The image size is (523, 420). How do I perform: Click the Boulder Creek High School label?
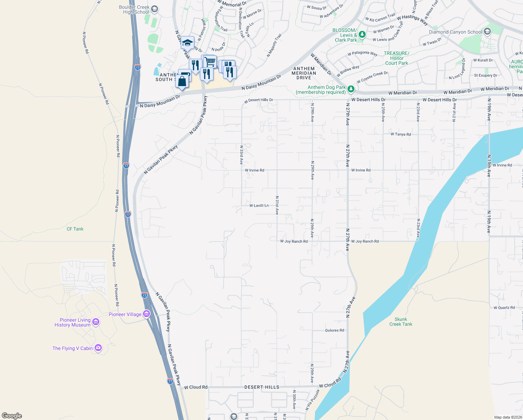click(134, 9)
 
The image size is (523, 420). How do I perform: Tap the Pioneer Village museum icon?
click(146, 314)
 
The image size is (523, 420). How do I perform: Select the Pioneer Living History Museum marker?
click(96, 322)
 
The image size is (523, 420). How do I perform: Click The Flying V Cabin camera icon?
click(98, 348)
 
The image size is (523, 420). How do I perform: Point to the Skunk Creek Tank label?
click(401, 322)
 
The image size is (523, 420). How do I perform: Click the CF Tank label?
click(75, 229)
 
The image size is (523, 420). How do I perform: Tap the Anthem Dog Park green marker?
click(351, 90)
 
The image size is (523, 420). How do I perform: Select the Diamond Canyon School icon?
click(487, 31)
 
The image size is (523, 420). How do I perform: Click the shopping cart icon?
click(210, 62)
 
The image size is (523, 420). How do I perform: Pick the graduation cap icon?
click(187, 43)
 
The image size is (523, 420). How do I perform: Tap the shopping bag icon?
click(182, 82)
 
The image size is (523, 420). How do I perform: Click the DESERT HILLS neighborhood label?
click(262, 387)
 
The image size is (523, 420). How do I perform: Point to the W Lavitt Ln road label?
click(259, 205)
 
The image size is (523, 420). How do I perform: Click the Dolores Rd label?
click(335, 330)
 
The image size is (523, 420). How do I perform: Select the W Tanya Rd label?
click(401, 134)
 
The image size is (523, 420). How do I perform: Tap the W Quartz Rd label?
click(504, 308)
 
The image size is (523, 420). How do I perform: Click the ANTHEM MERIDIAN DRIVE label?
click(304, 73)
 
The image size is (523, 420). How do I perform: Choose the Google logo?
click(12, 416)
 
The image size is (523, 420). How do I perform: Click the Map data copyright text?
click(508, 417)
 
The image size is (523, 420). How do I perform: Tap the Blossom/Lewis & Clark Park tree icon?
click(363, 34)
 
